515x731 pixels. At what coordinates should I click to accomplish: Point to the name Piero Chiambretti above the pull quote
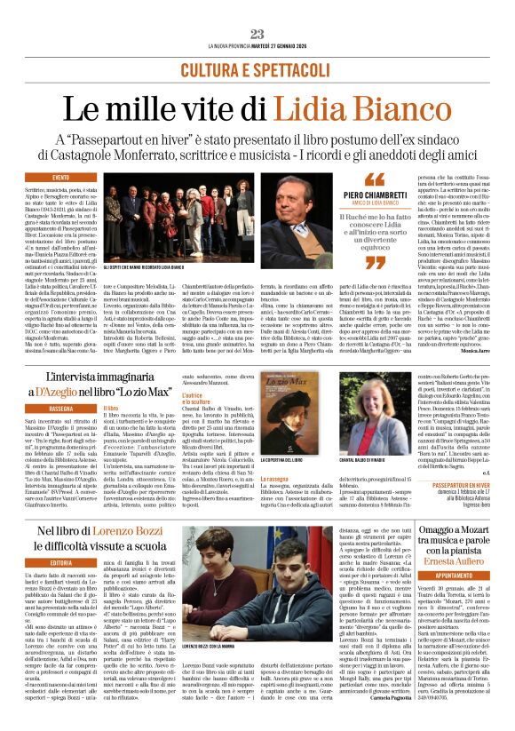pyautogui.click(x=376, y=193)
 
